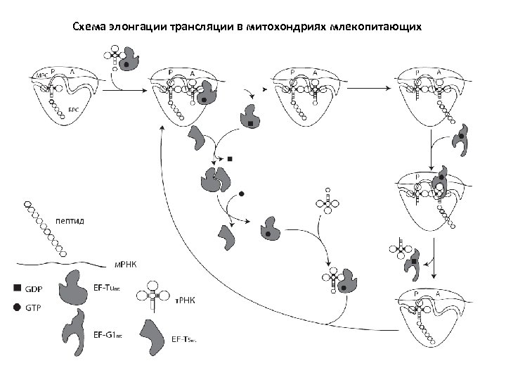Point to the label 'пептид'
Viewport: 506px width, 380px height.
click(70, 220)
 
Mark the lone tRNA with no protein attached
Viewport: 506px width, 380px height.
click(328, 202)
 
